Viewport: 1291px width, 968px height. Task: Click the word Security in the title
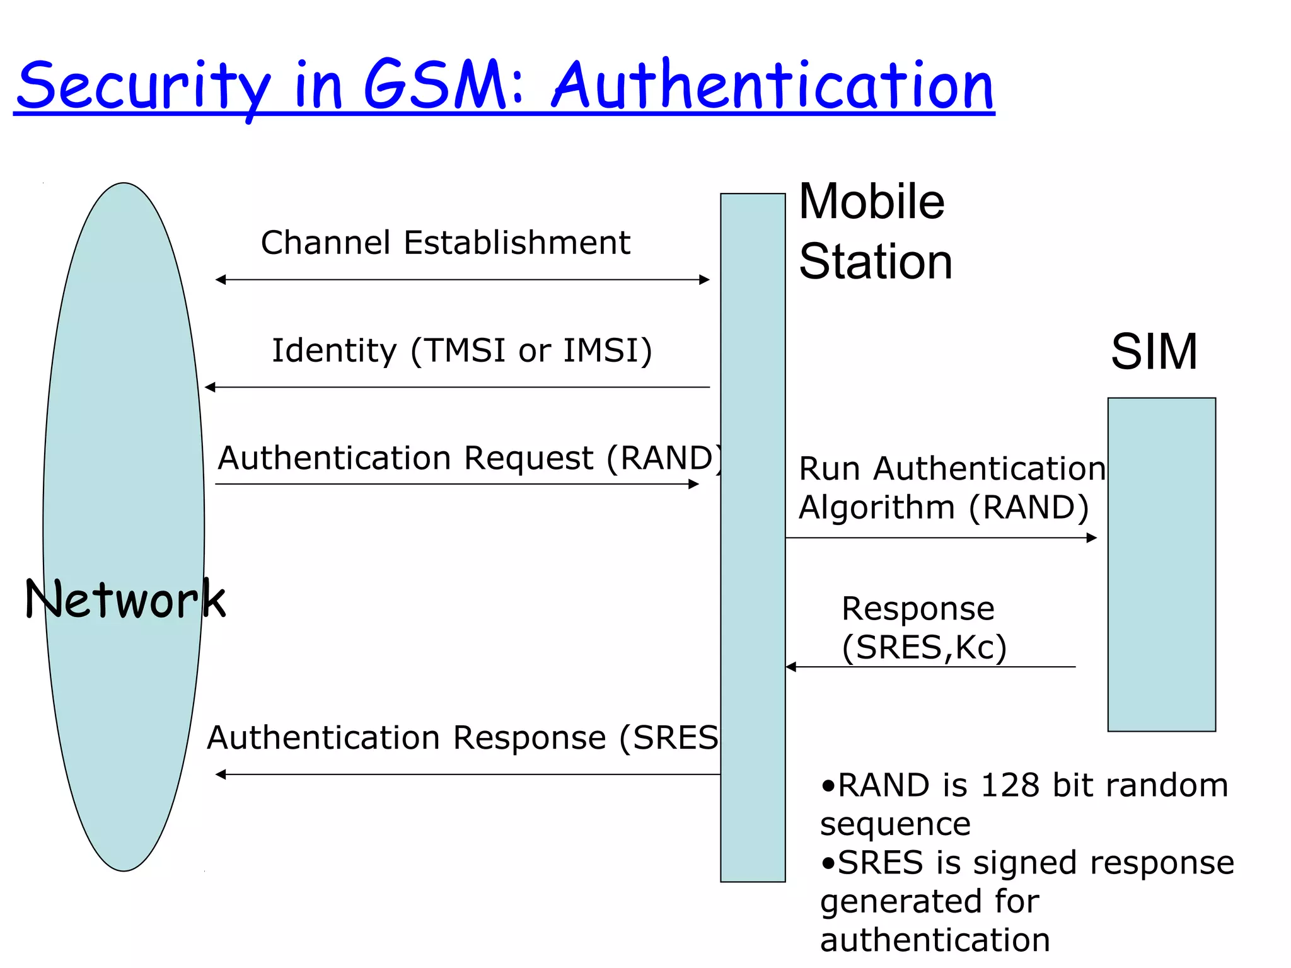coord(144,86)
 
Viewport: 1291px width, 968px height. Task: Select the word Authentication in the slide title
coord(773,86)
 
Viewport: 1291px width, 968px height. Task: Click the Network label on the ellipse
coord(125,599)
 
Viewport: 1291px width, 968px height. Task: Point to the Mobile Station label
coord(875,231)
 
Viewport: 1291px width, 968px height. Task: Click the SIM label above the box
coord(1154,352)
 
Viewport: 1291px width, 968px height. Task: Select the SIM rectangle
coord(1161,564)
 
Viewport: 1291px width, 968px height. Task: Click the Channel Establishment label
coord(445,243)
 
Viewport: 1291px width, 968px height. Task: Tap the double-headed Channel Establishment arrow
coord(462,280)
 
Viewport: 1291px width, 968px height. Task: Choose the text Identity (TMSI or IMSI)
coord(461,350)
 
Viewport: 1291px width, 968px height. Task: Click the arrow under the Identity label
coord(457,387)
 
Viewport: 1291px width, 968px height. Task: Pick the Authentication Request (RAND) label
coord(470,458)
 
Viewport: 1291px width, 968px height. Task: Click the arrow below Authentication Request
coord(457,484)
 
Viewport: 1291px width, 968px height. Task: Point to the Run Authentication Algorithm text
coord(951,488)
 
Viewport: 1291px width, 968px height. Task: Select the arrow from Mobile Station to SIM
coord(941,538)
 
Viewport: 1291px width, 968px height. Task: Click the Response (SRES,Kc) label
coord(923,628)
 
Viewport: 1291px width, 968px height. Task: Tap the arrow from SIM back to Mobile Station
coord(930,667)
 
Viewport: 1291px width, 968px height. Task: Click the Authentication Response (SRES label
coord(462,737)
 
